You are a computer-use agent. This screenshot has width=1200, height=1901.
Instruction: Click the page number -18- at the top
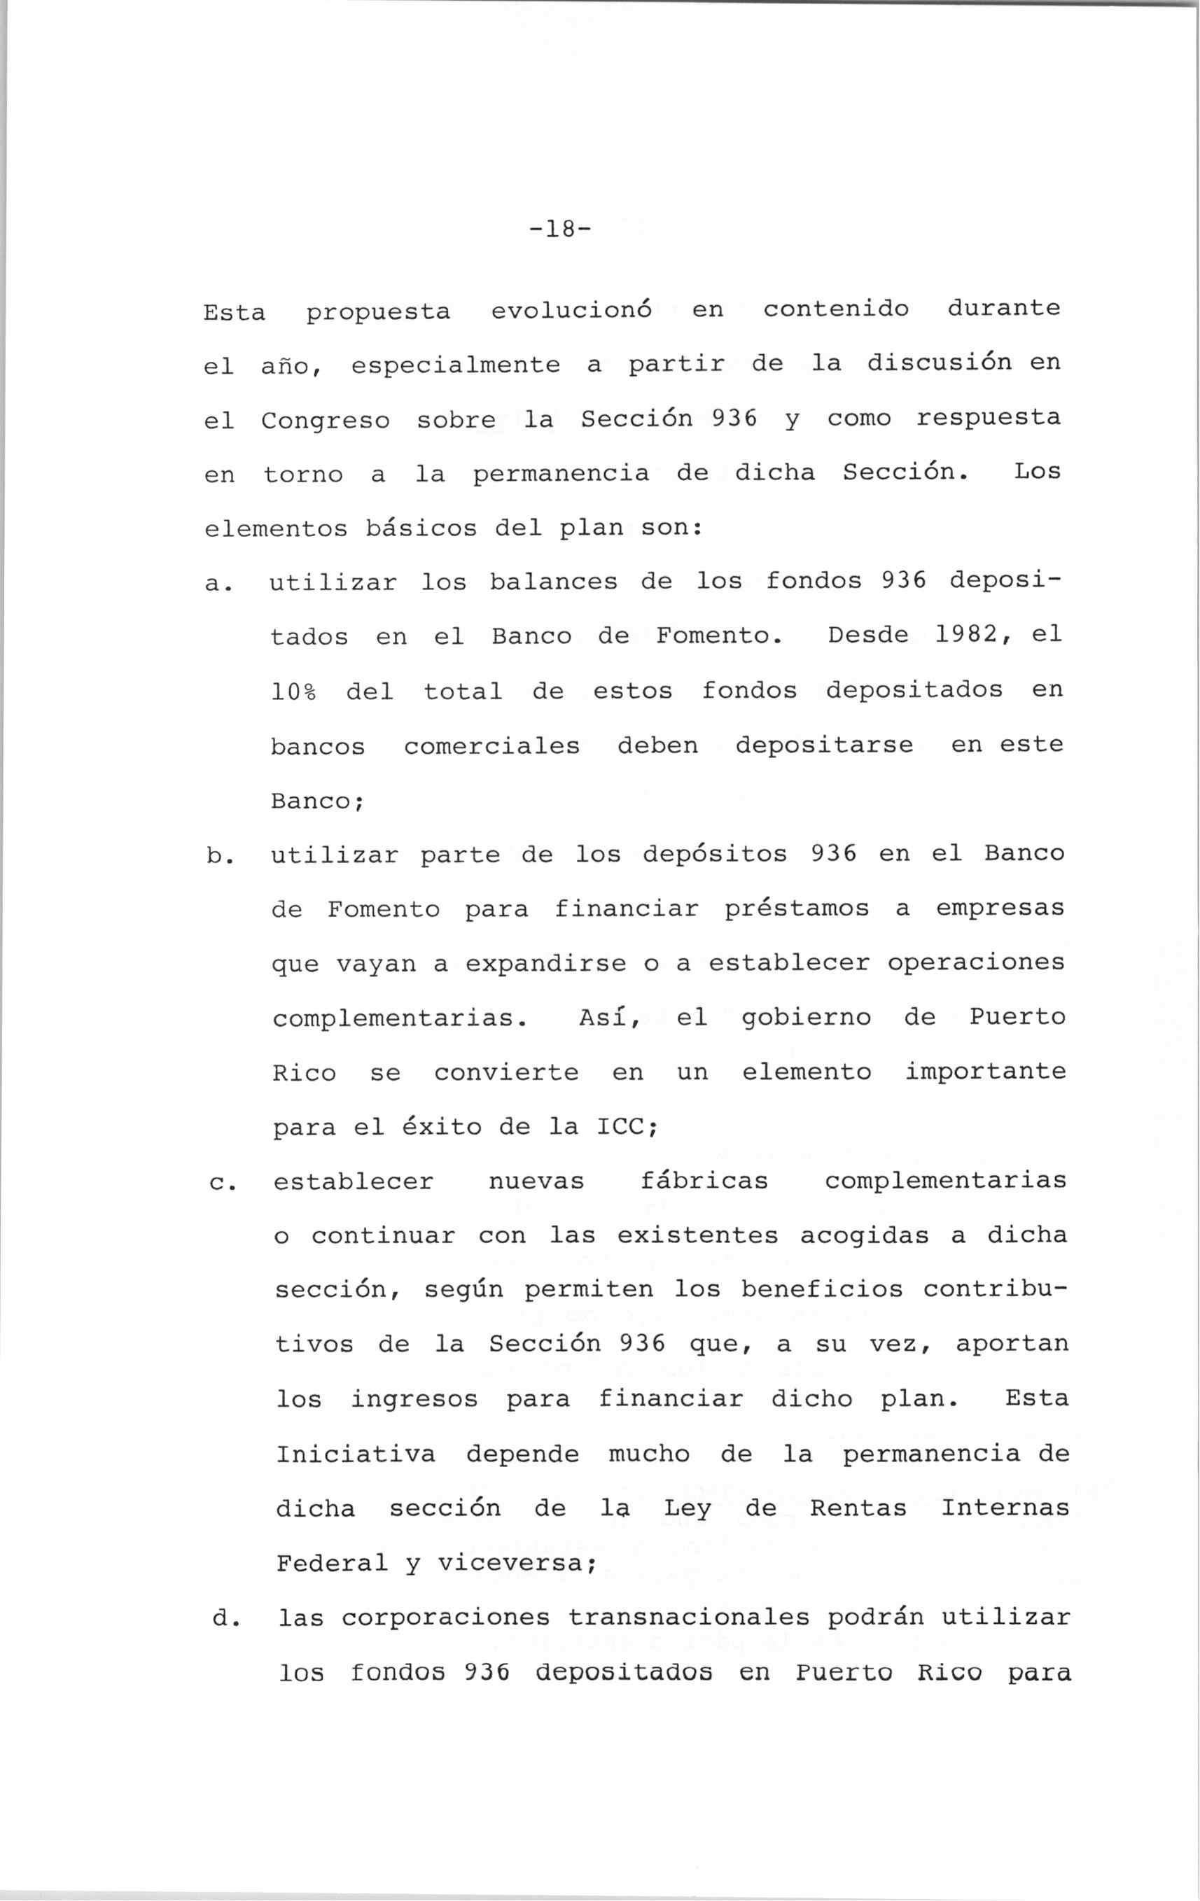[x=559, y=230]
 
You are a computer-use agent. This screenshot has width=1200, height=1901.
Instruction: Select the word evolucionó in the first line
[x=571, y=311]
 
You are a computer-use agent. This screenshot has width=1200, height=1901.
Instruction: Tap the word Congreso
[x=326, y=421]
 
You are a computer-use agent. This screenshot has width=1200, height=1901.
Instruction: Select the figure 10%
[x=293, y=692]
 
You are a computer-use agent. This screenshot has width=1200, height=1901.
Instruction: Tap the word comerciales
[x=492, y=746]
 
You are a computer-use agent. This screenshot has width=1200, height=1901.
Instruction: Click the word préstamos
[x=796, y=909]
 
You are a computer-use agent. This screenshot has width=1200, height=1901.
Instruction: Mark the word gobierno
[x=807, y=1018]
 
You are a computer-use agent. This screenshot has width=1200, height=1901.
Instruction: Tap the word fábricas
[x=704, y=1181]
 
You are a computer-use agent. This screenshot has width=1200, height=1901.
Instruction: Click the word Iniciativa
[x=355, y=1454]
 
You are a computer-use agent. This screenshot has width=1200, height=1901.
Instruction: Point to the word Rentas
[x=858, y=1508]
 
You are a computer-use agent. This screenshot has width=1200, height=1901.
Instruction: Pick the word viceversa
[x=511, y=1564]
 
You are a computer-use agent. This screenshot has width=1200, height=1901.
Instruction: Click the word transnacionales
[x=688, y=1618]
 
